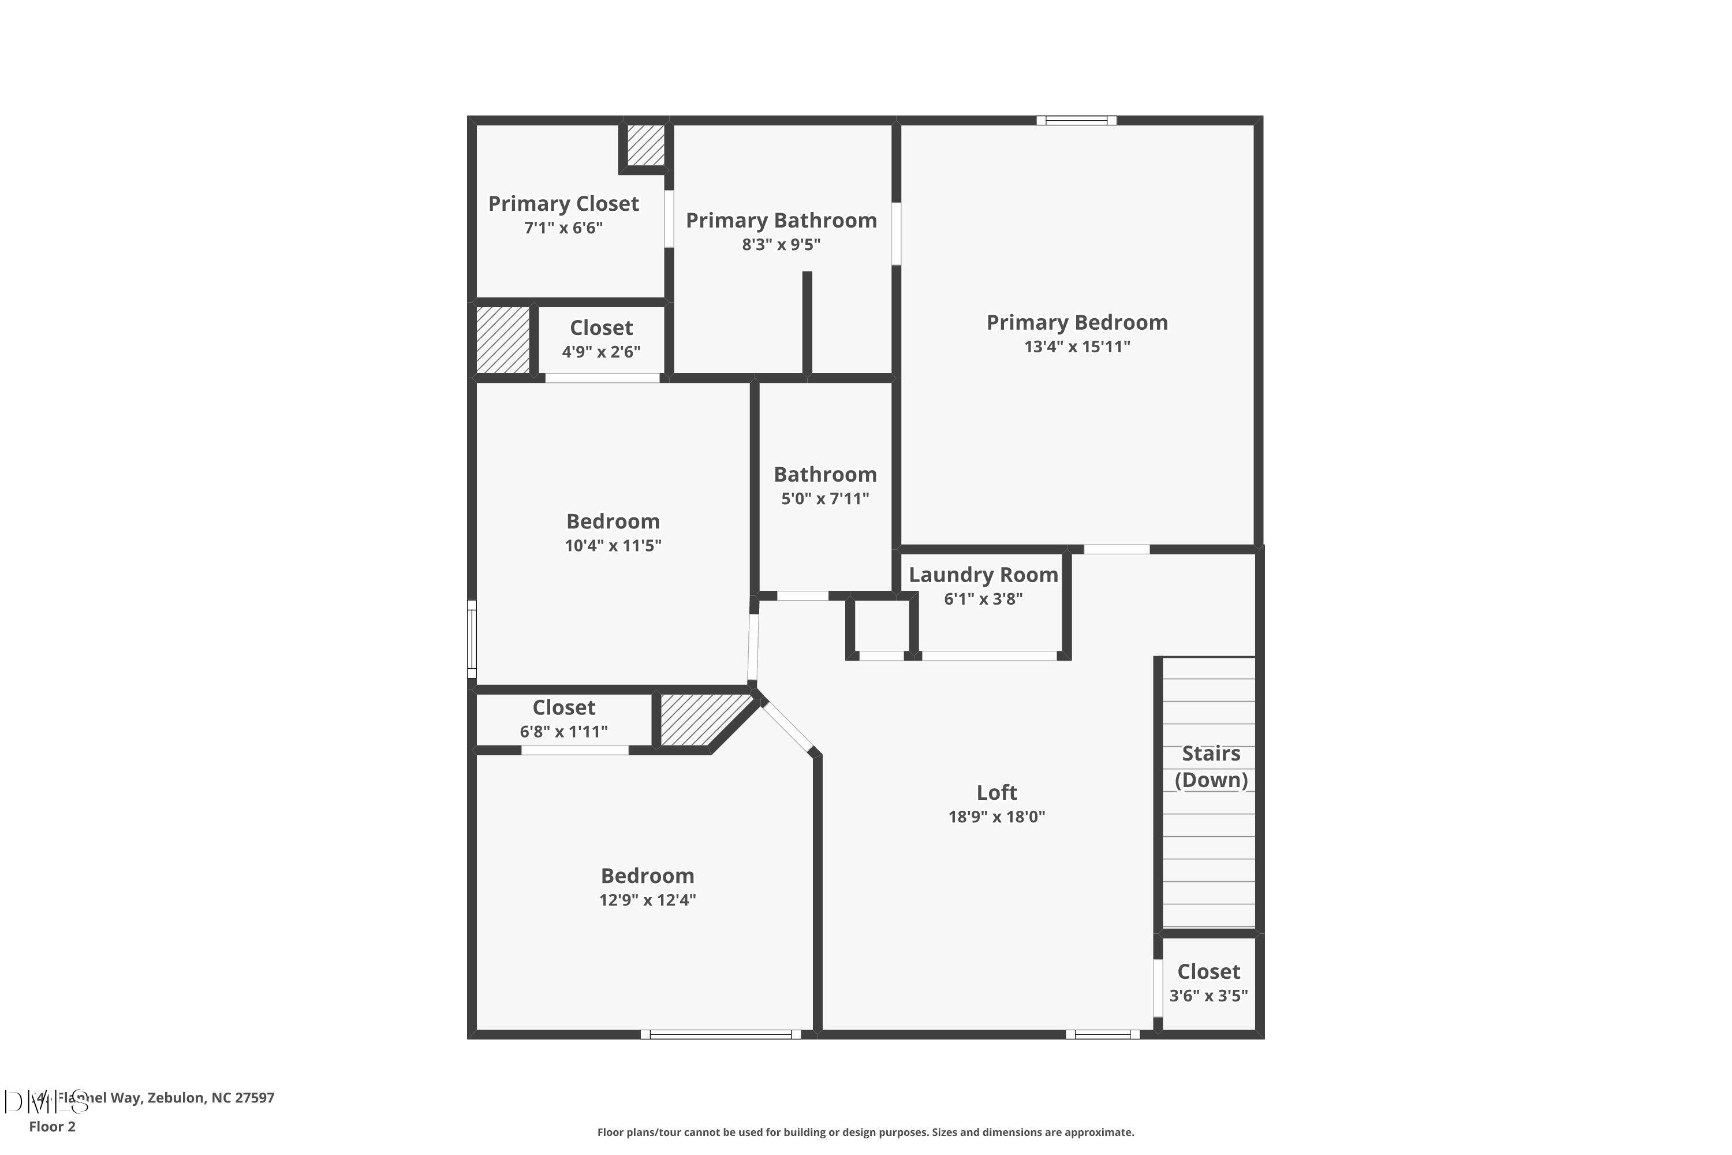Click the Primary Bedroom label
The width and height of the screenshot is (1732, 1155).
point(1077,323)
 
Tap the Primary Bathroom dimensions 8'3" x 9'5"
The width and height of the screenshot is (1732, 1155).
point(781,244)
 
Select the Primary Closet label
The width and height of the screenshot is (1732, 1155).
point(563,204)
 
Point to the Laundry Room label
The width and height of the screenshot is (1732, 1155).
point(983,575)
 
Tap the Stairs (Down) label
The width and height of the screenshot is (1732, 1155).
point(1211,767)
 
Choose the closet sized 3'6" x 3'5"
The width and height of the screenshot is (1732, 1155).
point(1208,983)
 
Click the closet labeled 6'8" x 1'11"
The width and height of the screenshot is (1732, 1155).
point(563,719)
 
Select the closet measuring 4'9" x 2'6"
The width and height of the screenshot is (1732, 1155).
point(601,340)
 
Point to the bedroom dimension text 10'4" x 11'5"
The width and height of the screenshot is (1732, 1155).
point(613,546)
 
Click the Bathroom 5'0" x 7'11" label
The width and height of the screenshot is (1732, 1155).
point(825,486)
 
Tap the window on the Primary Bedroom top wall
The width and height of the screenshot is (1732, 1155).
point(1076,120)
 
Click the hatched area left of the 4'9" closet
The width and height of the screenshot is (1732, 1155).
point(502,340)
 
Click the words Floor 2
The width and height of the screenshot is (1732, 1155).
point(53,1126)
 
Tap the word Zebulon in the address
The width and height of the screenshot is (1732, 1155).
point(176,1098)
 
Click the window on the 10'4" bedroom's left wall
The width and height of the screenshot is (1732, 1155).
point(472,639)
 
